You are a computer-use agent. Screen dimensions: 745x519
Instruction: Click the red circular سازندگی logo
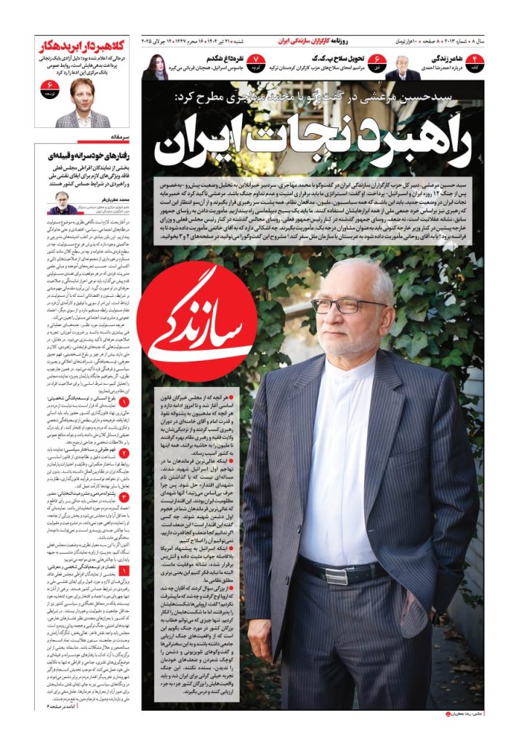point(197,322)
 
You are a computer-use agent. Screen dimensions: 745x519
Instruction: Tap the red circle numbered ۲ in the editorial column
point(124,453)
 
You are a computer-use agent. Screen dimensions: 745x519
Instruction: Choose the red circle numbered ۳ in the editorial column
point(124,496)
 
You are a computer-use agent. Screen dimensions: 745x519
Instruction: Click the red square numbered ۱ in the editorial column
point(124,551)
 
